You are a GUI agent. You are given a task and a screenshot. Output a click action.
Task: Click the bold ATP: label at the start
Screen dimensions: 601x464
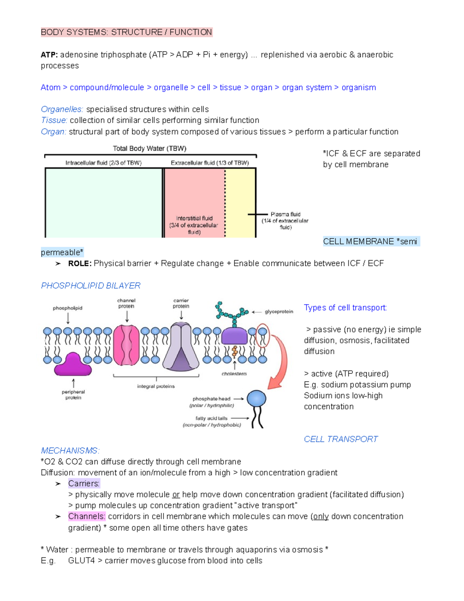49,55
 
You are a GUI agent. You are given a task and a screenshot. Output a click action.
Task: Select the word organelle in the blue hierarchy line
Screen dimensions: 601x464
171,87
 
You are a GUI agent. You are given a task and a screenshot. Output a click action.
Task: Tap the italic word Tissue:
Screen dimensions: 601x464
54,120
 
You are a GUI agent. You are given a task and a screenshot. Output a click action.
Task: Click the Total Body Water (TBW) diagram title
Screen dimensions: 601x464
150,149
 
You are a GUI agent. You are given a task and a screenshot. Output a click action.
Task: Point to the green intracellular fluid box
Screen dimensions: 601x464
103,202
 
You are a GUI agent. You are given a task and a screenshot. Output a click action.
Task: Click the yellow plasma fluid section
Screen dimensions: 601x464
240,202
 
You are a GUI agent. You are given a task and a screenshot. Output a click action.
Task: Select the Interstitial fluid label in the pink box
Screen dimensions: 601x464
194,218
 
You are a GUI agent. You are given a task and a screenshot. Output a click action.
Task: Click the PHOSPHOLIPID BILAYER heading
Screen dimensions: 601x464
90,286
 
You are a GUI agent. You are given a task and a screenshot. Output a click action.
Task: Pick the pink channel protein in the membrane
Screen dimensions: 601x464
126,345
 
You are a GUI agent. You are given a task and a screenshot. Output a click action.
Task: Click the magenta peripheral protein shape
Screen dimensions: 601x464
73,365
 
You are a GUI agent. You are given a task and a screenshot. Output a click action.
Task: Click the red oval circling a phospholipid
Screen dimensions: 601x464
263,336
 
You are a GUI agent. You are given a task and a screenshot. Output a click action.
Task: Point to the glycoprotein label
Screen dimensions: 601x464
279,312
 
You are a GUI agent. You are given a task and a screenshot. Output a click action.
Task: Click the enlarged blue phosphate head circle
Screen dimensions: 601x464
256,398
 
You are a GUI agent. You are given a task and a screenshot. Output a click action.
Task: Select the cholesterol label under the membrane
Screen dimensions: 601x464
234,374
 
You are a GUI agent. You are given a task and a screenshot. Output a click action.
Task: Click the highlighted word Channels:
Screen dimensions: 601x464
87,516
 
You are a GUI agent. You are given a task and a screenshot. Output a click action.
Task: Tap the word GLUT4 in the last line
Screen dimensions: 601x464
81,561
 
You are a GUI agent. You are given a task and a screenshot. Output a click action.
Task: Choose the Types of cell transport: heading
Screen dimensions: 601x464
345,308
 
